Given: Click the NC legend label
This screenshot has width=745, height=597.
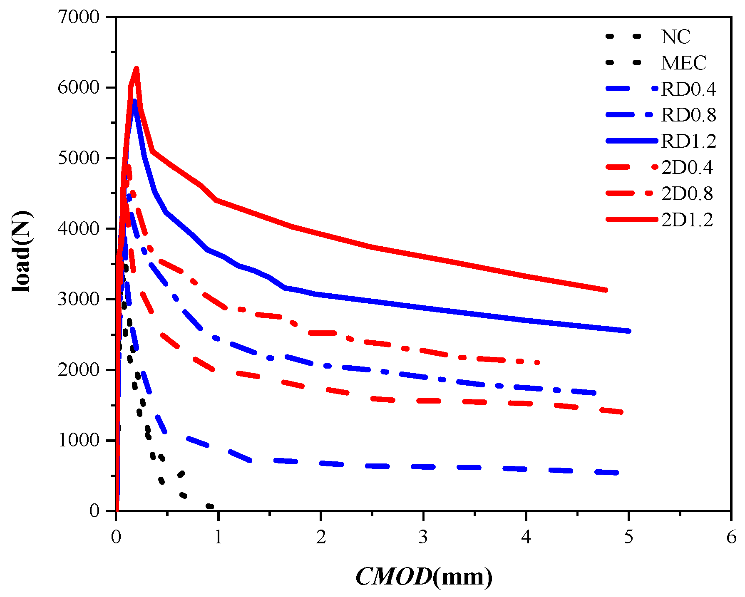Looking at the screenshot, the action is [x=675, y=37].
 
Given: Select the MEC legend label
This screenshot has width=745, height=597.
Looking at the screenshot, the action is [x=684, y=63].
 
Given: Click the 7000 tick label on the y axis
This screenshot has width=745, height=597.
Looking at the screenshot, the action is [x=79, y=17].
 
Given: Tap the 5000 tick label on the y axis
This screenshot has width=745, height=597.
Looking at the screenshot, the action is [x=79, y=158].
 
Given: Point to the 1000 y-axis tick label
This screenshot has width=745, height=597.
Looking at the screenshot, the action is [x=79, y=440].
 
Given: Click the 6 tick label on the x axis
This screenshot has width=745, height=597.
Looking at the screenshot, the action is [x=731, y=537].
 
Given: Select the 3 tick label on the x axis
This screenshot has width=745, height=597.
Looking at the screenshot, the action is [x=423, y=537].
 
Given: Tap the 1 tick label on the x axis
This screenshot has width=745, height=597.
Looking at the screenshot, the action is [x=218, y=537].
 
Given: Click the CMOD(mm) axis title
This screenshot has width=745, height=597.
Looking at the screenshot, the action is [x=424, y=577].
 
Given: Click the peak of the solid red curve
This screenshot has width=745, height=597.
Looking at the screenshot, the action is [x=136, y=68].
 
